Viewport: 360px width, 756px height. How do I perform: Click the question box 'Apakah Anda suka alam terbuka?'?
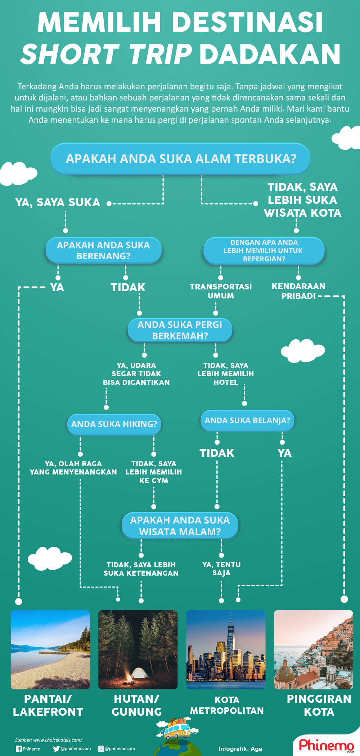pyautogui.click(x=180, y=159)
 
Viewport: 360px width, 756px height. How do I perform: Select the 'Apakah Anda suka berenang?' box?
pyautogui.click(x=103, y=251)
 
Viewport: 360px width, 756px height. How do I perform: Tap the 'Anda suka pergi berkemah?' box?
pyautogui.click(x=180, y=330)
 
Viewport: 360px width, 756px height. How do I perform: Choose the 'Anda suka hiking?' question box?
pyautogui.click(x=114, y=424)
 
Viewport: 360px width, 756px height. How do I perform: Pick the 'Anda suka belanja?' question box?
pyautogui.click(x=247, y=420)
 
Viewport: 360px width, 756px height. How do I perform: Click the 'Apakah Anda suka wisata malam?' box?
pyautogui.click(x=180, y=526)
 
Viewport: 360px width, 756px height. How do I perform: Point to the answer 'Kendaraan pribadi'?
pyautogui.click(x=298, y=291)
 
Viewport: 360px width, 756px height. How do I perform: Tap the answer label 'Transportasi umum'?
pyautogui.click(x=221, y=291)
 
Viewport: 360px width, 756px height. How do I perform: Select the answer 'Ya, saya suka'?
pyautogui.click(x=58, y=203)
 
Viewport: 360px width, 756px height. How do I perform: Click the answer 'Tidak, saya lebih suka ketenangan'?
pyautogui.click(x=141, y=569)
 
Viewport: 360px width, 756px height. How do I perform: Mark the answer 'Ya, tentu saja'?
pyautogui.click(x=221, y=569)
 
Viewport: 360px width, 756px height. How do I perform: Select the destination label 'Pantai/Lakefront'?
pyautogui.click(x=48, y=706)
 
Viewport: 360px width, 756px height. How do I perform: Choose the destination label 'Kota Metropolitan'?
pyautogui.click(x=227, y=706)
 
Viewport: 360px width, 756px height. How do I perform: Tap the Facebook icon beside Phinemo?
pyautogui.click(x=19, y=749)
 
